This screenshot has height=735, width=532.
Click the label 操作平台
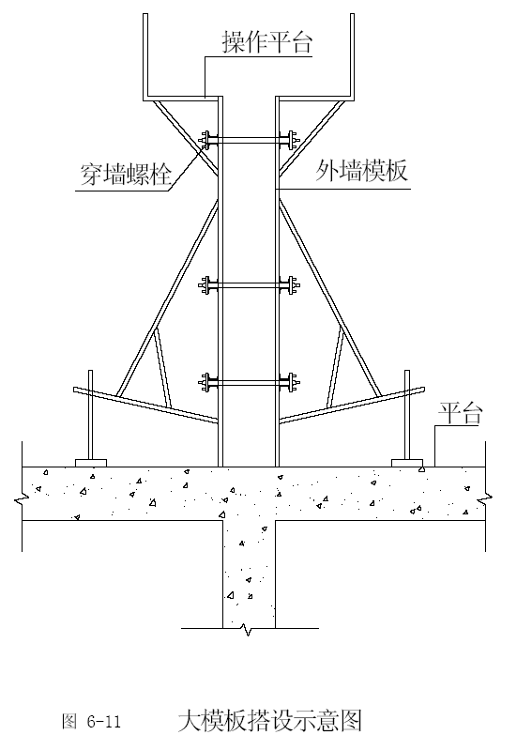point(267,42)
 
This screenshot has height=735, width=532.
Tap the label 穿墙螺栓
point(125,174)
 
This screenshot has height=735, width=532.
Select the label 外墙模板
point(361,170)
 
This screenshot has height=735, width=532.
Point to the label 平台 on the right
point(460,413)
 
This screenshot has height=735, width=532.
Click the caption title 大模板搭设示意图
point(270,721)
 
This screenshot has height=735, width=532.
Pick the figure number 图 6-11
point(91,721)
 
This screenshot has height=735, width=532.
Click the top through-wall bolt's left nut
point(206,140)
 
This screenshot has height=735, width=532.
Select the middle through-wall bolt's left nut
point(206,285)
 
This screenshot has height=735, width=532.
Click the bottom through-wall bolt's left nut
point(206,382)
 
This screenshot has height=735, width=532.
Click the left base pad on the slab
point(91,463)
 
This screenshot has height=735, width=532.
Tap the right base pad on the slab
point(407,463)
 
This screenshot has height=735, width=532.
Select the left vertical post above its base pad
point(90,415)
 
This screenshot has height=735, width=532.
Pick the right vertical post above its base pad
point(407,415)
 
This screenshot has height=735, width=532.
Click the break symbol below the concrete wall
point(246,630)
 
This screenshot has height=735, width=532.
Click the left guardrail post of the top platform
point(145,55)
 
